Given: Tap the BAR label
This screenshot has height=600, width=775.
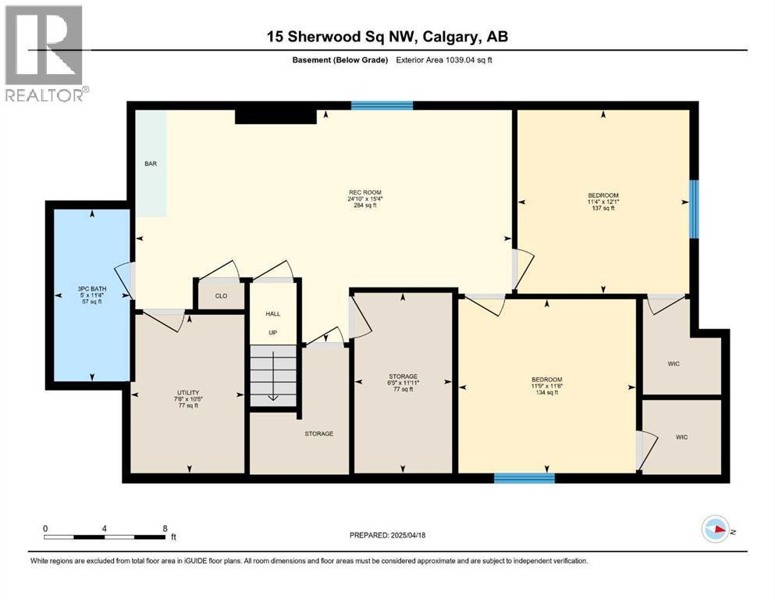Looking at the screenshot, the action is [151, 164].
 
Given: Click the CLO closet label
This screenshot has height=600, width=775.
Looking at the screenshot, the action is [221, 296].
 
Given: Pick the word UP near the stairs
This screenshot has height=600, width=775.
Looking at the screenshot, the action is [273, 333].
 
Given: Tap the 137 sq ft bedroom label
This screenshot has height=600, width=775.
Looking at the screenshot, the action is [603, 202].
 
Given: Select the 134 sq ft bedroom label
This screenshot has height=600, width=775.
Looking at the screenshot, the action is [547, 386].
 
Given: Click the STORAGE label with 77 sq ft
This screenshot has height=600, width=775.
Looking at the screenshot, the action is [403, 383].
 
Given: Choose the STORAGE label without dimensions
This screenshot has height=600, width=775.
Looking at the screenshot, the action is [318, 434].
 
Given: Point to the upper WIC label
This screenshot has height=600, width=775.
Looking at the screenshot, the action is [674, 363].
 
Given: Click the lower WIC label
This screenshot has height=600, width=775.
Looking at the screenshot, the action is [681, 437].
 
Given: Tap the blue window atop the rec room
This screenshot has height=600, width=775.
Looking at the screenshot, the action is [382, 105].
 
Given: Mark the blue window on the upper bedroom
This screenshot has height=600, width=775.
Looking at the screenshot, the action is [695, 209].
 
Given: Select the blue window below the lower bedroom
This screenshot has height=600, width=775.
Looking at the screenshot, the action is [524, 478].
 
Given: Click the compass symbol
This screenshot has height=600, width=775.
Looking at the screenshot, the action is [716, 529].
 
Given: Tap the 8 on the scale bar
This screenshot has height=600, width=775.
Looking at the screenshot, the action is [165, 528].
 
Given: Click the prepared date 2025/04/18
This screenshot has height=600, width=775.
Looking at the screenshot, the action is [407, 535].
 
